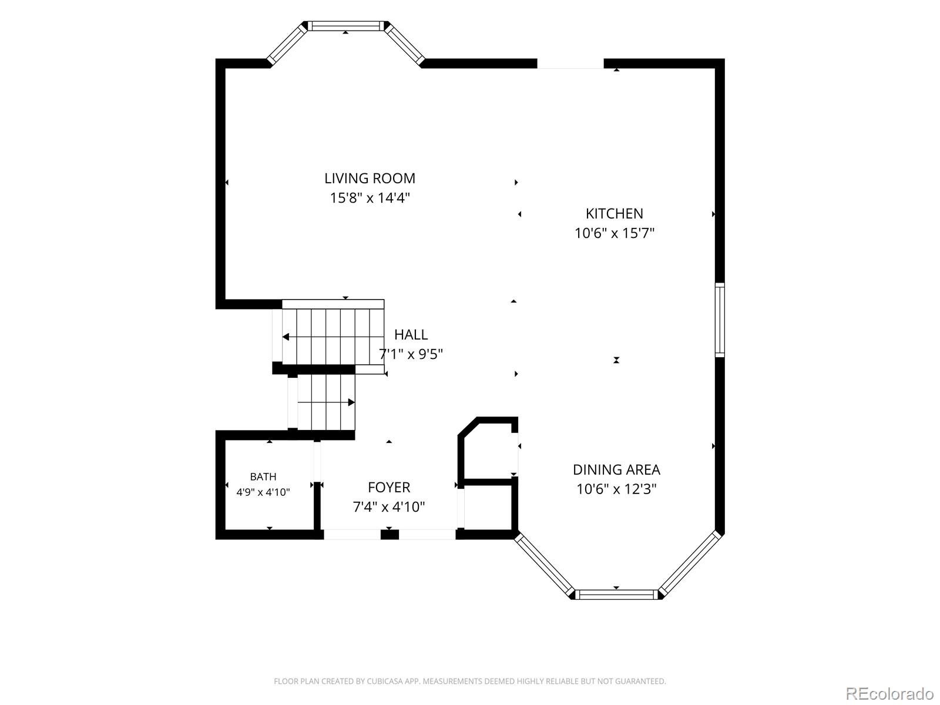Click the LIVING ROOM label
click(370, 178)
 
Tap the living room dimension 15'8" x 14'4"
click(370, 198)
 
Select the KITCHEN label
click(614, 213)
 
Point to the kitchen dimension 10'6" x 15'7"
click(614, 233)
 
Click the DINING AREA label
click(616, 469)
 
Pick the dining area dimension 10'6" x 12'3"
click(616, 489)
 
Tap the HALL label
click(411, 334)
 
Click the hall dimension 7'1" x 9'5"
click(411, 354)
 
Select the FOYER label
click(389, 487)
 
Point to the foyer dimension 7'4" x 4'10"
click(389, 507)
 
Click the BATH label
click(263, 476)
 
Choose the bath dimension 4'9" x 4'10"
click(263, 492)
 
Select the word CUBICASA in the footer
click(385, 681)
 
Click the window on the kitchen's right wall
click(720, 320)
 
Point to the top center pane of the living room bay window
click(345, 26)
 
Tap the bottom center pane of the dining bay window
click(616, 594)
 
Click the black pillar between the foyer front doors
click(390, 534)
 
